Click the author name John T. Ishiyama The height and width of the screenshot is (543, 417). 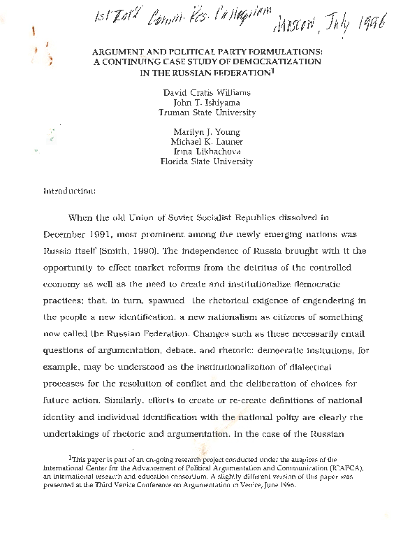tap(207, 101)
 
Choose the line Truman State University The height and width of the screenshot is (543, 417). tap(207, 112)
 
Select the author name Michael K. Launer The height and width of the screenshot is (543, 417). tap(207, 141)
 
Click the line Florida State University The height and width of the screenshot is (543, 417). tap(207, 161)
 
